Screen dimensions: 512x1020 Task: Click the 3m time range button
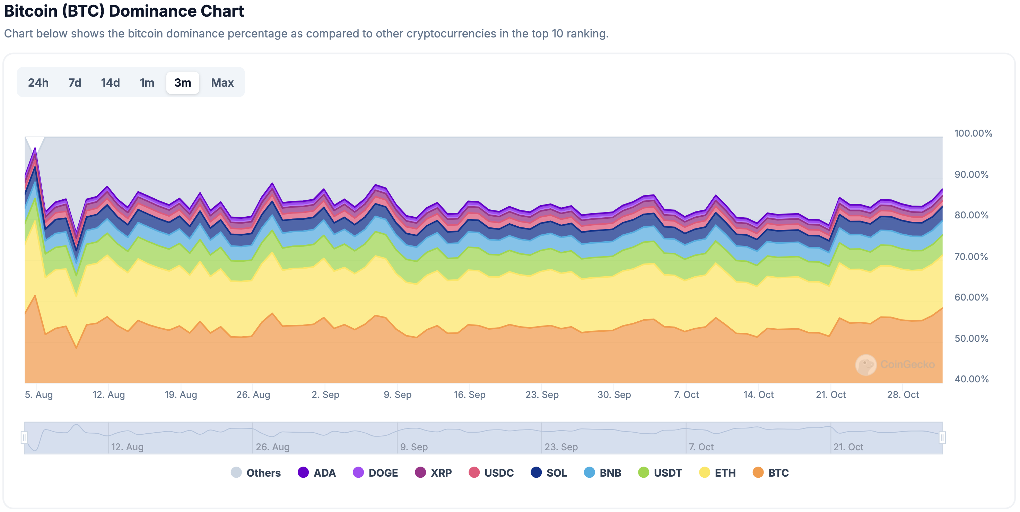tap(183, 83)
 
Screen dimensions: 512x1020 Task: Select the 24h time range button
tap(38, 83)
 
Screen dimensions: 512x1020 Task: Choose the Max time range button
tap(222, 83)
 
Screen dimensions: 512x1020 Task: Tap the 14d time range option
tap(110, 83)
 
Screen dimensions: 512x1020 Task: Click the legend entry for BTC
tap(770, 472)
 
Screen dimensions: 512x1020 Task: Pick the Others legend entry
tap(256, 472)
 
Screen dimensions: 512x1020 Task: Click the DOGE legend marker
tap(358, 472)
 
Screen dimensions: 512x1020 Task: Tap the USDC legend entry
tap(491, 472)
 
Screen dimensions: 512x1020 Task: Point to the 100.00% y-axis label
tap(973, 133)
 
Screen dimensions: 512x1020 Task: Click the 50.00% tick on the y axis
tap(971, 338)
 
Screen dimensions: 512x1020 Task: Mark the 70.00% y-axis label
tap(971, 256)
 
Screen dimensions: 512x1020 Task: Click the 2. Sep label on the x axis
tap(325, 394)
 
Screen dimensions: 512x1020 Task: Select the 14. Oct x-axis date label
tap(758, 394)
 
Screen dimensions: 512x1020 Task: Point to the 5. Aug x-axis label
tap(39, 394)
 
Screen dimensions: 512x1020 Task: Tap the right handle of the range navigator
tap(942, 437)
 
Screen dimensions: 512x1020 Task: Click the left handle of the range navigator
tap(24, 437)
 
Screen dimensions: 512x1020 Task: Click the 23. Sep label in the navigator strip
tap(561, 447)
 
